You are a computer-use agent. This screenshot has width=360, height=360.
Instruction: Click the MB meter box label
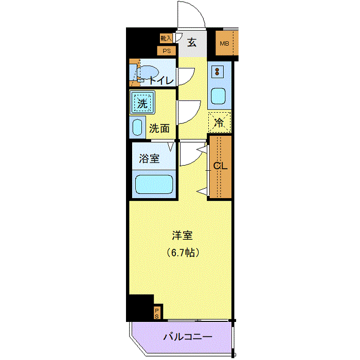[224, 43]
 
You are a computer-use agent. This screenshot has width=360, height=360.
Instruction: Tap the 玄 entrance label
[192, 43]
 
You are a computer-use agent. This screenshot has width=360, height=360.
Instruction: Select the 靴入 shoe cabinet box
[166, 38]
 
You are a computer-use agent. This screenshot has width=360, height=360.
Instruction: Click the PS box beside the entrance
[167, 51]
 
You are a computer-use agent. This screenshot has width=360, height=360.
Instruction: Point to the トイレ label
[161, 80]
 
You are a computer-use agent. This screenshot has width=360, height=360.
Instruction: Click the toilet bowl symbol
[148, 73]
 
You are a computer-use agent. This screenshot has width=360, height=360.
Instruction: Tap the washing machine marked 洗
[142, 103]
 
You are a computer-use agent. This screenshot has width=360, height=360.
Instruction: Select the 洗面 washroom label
[159, 129]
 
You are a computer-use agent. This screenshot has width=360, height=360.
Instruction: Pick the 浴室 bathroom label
[149, 158]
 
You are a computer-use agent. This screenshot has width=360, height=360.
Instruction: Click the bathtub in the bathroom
[154, 184]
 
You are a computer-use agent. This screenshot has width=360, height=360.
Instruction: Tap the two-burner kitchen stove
[217, 71]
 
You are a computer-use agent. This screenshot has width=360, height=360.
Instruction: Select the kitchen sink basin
[218, 96]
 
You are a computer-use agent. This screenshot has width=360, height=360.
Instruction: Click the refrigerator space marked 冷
[219, 122]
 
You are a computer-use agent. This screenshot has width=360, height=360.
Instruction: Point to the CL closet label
[221, 166]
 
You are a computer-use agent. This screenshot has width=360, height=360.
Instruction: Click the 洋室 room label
[182, 236]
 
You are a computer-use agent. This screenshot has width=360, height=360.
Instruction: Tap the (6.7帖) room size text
[183, 253]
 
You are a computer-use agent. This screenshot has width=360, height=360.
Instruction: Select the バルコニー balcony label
[188, 337]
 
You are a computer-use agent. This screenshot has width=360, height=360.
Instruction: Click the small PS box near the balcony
[157, 313]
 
